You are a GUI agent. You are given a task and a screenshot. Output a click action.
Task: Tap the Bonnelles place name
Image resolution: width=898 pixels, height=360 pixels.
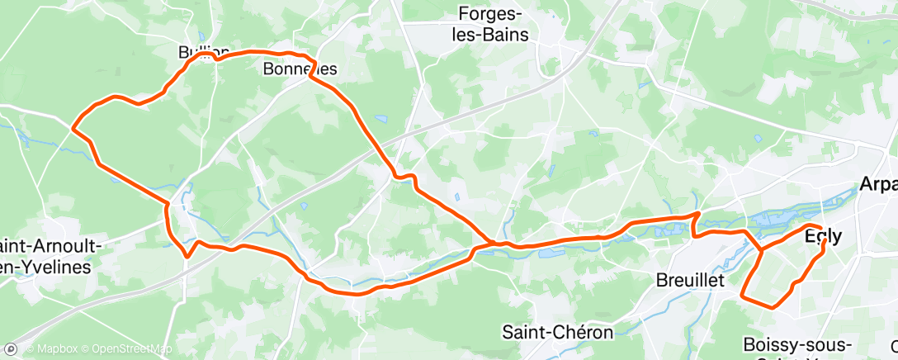pyautogui.click(x=300, y=70)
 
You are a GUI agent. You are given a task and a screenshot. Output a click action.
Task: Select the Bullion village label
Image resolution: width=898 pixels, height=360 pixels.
pyautogui.click(x=198, y=51)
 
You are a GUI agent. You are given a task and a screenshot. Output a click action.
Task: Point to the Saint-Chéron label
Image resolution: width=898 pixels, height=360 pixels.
pyautogui.click(x=558, y=332)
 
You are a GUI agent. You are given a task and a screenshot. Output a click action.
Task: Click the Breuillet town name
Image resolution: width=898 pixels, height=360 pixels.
pyautogui.click(x=689, y=280)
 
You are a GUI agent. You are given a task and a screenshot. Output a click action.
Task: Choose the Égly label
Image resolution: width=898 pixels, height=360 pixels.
pyautogui.click(x=823, y=236)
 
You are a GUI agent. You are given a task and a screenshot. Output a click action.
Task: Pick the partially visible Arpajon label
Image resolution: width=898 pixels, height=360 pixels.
pyautogui.click(x=878, y=183)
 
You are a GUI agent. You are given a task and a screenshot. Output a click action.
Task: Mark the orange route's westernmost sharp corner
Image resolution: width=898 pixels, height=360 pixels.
pyautogui.click(x=73, y=128)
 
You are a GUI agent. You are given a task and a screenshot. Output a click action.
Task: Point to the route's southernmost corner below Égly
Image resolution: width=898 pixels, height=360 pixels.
pyautogui.click(x=773, y=306)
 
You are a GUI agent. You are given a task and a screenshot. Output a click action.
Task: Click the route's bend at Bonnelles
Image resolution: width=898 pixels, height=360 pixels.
pyautogui.click(x=310, y=78)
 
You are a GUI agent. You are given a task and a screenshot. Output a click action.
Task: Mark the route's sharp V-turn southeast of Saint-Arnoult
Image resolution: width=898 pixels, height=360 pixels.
pyautogui.click(x=188, y=256)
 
